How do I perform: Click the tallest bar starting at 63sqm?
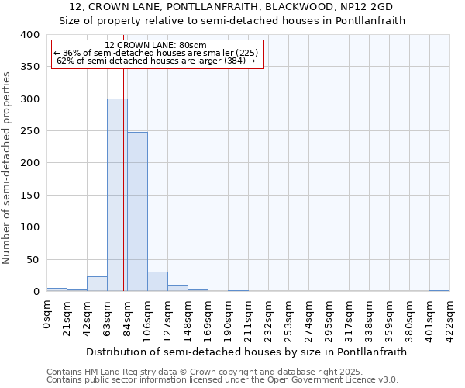point(117,195)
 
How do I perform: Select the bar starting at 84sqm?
point(137,212)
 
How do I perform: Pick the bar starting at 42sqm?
point(97,284)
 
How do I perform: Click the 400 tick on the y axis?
point(29,35)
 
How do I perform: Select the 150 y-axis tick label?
point(29,196)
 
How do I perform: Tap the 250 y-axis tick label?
point(29,131)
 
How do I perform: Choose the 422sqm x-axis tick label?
point(449,317)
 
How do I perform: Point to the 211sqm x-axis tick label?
point(248,317)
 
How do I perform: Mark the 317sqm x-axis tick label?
point(349,317)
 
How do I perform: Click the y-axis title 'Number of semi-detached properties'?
point(7,168)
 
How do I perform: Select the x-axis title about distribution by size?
point(246,352)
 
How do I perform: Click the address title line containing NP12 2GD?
point(232,7)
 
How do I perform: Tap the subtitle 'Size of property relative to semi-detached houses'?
point(232,21)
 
